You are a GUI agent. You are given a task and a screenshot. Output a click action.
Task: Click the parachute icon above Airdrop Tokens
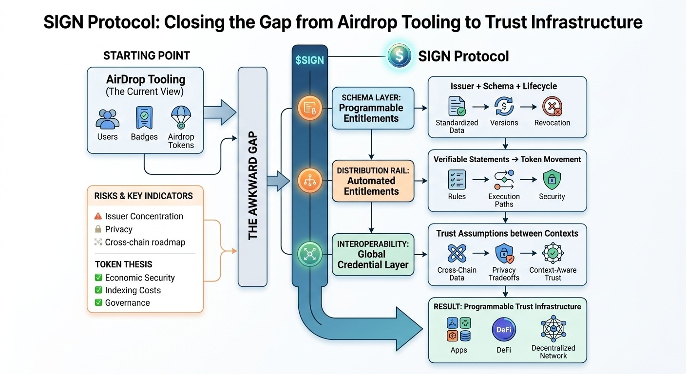[x=180, y=118]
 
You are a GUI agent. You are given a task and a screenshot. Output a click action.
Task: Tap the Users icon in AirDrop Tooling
[x=107, y=119]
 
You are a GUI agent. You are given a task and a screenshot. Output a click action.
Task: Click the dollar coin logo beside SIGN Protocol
[x=400, y=56]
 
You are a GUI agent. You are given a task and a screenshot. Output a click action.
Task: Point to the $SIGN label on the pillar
[x=309, y=60]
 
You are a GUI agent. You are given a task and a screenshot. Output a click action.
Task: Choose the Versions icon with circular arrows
[x=504, y=106]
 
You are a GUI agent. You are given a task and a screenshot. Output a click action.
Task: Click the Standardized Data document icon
[x=457, y=106]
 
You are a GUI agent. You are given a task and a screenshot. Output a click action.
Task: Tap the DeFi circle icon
[x=504, y=330]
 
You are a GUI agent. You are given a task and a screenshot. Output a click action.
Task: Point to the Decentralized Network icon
[x=553, y=329]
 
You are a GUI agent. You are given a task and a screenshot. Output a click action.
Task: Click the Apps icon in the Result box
[x=458, y=330]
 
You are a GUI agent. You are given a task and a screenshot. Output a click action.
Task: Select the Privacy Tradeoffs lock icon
[x=504, y=254]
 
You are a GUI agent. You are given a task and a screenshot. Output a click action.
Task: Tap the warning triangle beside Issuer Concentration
[x=98, y=216]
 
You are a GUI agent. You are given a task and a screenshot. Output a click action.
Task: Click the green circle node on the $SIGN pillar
[x=310, y=254]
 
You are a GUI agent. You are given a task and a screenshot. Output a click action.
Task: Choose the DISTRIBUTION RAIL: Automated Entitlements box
[x=373, y=181]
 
